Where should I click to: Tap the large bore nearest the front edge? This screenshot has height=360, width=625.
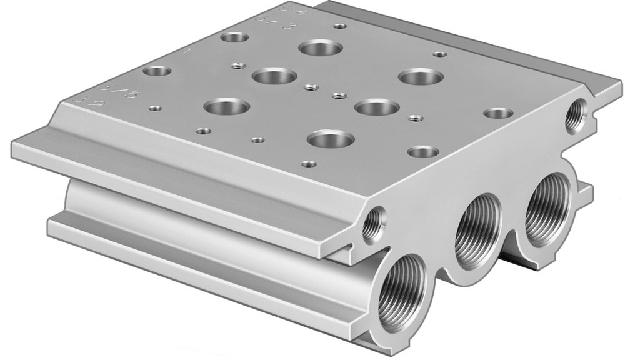pos(331,139)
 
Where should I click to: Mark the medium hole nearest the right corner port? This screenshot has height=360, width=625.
pos(498,114)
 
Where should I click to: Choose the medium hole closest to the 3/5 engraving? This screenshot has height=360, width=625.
pos(156,71)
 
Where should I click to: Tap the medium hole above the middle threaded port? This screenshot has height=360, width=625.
pos(422,151)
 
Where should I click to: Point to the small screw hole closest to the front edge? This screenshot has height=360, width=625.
pos(307,165)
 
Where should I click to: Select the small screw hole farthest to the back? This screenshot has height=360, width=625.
pos(341,26)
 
